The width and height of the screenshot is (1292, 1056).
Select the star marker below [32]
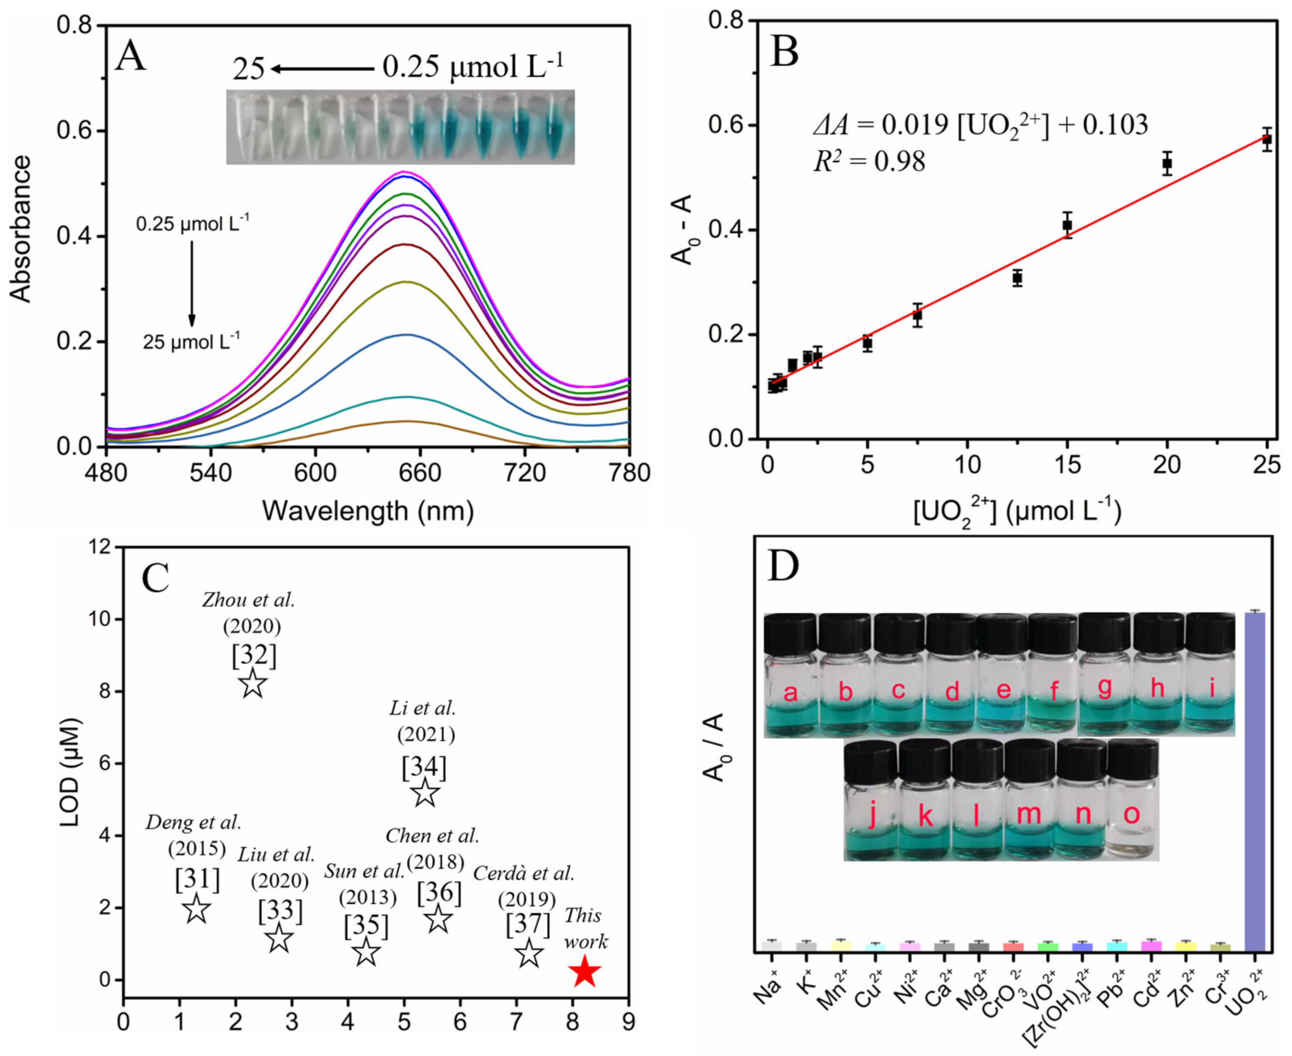pos(253,684)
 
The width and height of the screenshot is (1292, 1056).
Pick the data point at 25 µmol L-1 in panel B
pos(1266,139)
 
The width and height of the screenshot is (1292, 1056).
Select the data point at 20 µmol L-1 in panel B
pos(1167,164)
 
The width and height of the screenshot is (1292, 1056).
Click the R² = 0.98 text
pos(869,161)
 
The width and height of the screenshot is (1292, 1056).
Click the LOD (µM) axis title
pos(71,773)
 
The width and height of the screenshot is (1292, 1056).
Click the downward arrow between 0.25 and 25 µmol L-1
pos(192,283)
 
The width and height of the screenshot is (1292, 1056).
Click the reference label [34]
pos(424,767)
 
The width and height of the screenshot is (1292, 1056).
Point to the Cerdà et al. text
pos(523,874)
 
